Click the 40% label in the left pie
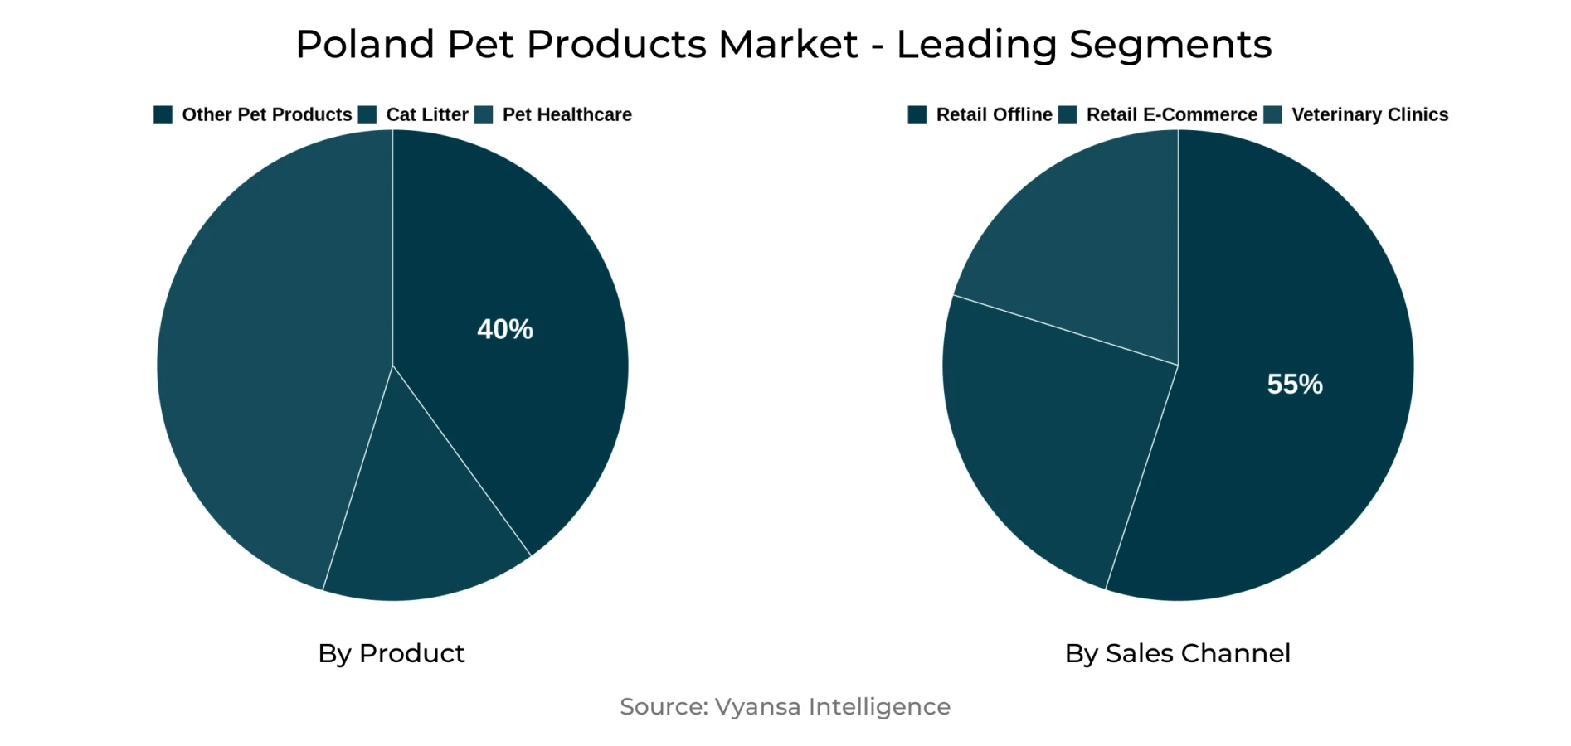(x=504, y=329)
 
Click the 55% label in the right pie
(x=1294, y=384)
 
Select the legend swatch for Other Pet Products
(x=163, y=114)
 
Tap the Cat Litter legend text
(x=426, y=114)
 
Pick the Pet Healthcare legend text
(x=567, y=114)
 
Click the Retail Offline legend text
(x=994, y=114)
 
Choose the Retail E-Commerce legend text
(x=1171, y=114)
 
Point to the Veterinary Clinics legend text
(x=1369, y=114)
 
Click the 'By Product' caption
(x=392, y=653)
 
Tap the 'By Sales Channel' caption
(x=1177, y=653)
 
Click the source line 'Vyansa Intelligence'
(x=832, y=706)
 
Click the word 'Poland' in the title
(x=364, y=44)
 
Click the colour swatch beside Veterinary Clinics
(x=1272, y=114)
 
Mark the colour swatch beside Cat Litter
(x=367, y=114)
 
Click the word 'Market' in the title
(x=787, y=44)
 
